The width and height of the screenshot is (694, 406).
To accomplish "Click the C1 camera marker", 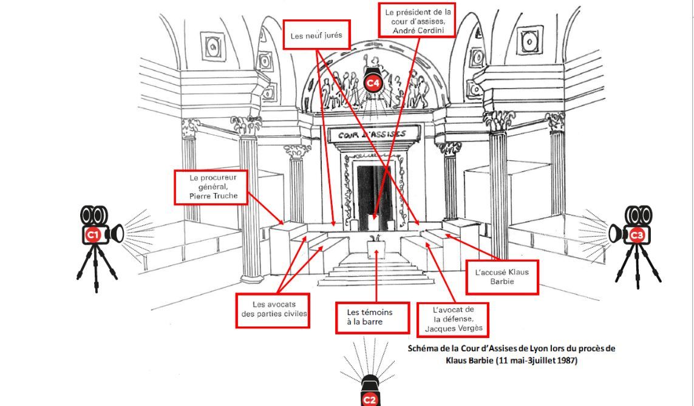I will (x=93, y=234).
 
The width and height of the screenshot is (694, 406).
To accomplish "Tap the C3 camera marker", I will (x=636, y=234).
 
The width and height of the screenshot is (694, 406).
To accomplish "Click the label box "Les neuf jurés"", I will (x=316, y=35).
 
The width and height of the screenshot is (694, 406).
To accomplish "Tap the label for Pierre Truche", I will (x=210, y=187).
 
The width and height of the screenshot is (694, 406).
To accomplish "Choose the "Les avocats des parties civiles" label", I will (x=273, y=310).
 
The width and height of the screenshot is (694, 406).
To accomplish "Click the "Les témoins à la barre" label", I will (x=372, y=317).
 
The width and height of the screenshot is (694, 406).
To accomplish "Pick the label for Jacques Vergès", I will (x=453, y=319).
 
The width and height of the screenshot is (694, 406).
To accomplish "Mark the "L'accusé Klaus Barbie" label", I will (x=502, y=277).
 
